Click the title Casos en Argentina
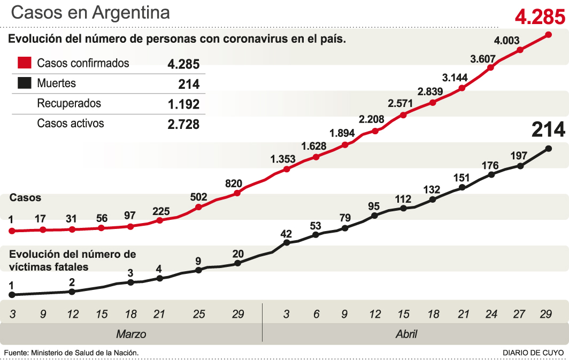click(x=90, y=13)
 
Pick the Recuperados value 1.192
click(x=183, y=104)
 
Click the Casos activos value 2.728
click(x=183, y=124)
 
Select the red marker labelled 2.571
click(x=404, y=114)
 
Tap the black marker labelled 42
click(x=287, y=242)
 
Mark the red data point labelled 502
click(x=198, y=206)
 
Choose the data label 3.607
click(x=483, y=58)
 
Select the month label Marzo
click(x=131, y=334)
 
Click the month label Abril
click(x=406, y=334)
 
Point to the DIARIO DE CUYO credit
click(x=533, y=353)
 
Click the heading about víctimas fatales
click(x=73, y=260)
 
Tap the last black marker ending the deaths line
click(x=549, y=149)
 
